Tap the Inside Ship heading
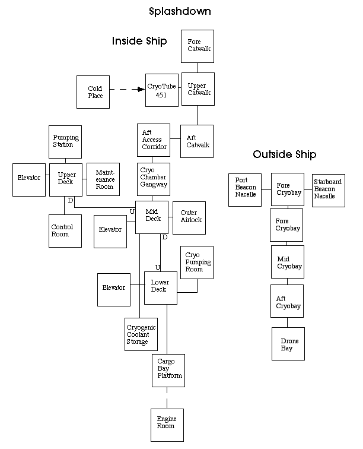click(x=139, y=41)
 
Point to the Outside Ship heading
click(x=284, y=154)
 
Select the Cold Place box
click(x=93, y=92)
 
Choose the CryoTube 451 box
click(x=162, y=90)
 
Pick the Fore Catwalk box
click(x=197, y=46)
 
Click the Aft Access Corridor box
click(x=154, y=140)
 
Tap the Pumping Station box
click(x=65, y=141)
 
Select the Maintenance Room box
click(x=104, y=179)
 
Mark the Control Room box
click(x=65, y=230)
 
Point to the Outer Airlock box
click(x=189, y=217)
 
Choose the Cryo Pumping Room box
click(x=197, y=262)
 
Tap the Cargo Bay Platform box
click(x=170, y=369)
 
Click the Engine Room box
click(x=167, y=423)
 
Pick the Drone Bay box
click(x=288, y=344)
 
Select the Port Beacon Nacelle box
click(x=245, y=189)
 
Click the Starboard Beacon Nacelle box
click(x=328, y=189)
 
